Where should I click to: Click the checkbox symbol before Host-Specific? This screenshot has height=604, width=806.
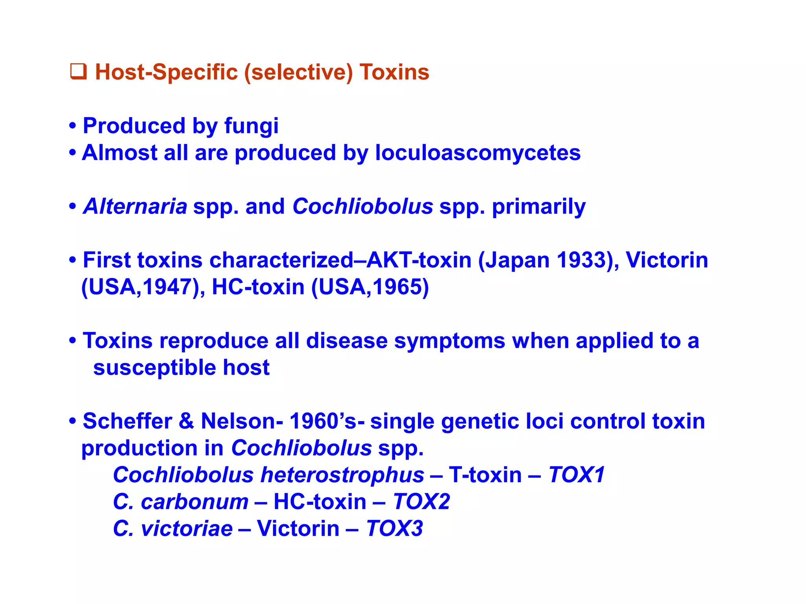pos(78,72)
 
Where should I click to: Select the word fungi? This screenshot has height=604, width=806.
pos(251,127)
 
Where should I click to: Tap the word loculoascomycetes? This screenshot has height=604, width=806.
pos(477,153)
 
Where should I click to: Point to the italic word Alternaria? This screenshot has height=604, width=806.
pos(135,206)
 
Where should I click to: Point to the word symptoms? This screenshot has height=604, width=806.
pos(449,341)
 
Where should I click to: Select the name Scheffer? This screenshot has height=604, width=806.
pos(127,421)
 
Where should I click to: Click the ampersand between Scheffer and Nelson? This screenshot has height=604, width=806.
pos(187,421)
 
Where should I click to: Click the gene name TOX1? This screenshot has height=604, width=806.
pos(576,475)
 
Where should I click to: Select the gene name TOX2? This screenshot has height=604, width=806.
pos(421,502)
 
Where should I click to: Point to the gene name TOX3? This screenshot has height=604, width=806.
pos(394,528)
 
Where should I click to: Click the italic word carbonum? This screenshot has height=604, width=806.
pos(194,502)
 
